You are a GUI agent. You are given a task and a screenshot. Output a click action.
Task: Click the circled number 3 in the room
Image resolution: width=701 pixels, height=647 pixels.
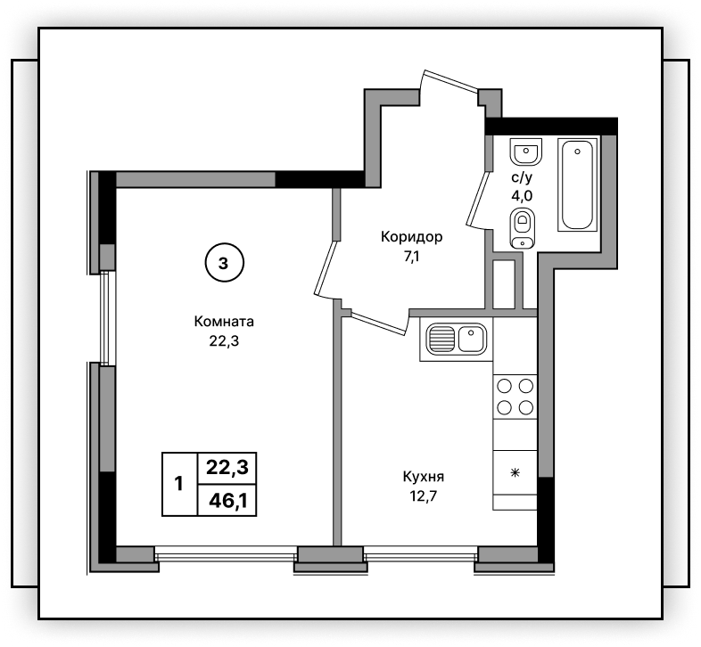(224, 263)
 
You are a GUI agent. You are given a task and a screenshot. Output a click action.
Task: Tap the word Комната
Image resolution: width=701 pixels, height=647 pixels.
(224, 321)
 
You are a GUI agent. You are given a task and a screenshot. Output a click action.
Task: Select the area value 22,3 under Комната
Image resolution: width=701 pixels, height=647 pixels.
(224, 341)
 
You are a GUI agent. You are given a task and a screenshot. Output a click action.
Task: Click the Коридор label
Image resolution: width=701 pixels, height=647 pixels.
(411, 237)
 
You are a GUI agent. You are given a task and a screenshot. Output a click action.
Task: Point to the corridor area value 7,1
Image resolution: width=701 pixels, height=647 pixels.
(411, 257)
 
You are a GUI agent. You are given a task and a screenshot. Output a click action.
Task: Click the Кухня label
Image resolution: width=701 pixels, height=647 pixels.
(424, 477)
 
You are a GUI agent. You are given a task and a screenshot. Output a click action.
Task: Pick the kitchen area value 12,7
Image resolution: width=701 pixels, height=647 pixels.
(424, 496)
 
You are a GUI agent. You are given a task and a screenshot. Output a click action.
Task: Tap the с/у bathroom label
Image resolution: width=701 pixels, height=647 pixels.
(522, 177)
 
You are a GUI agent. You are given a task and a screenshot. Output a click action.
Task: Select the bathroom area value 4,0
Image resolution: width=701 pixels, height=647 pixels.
(522, 196)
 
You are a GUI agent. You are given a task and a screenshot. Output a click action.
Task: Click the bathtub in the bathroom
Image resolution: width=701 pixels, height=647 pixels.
(578, 184)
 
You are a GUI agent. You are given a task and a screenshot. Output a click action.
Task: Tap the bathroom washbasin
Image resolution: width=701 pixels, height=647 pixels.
(526, 152)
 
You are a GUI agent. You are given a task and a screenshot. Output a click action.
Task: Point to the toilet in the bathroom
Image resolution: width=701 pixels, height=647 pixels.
(522, 229)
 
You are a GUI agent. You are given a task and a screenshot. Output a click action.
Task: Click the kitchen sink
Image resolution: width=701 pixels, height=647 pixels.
(456, 339)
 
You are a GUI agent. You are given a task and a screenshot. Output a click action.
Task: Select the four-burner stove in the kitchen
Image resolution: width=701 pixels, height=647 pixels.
(515, 397)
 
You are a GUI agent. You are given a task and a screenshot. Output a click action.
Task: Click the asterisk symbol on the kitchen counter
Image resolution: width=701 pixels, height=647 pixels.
(515, 472)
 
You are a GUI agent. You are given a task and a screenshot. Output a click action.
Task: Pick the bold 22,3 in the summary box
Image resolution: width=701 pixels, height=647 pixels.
(227, 468)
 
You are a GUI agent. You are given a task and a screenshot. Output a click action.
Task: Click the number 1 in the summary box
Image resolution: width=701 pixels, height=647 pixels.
(179, 483)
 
